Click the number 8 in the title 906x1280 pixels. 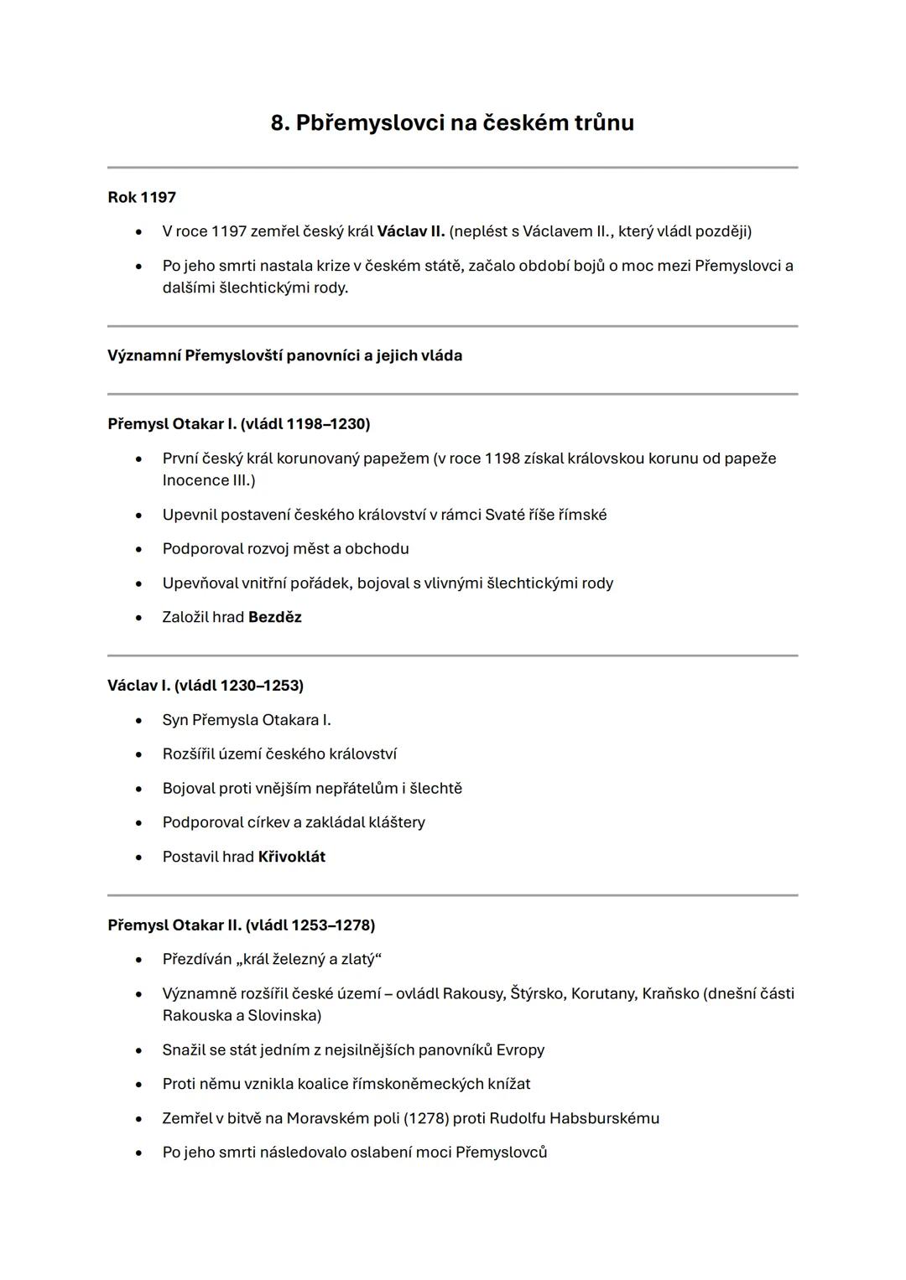coord(279,123)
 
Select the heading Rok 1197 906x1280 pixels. coord(142,198)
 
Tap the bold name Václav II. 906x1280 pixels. coord(410,231)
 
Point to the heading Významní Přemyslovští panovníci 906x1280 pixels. coord(284,355)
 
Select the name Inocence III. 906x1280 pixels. coord(208,480)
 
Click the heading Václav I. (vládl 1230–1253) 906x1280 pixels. coord(206,686)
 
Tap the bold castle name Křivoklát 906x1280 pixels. coord(291,857)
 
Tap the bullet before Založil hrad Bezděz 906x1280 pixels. coord(138,618)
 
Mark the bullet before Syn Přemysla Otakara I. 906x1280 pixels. coord(138,720)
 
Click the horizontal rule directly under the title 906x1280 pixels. coord(453,168)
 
